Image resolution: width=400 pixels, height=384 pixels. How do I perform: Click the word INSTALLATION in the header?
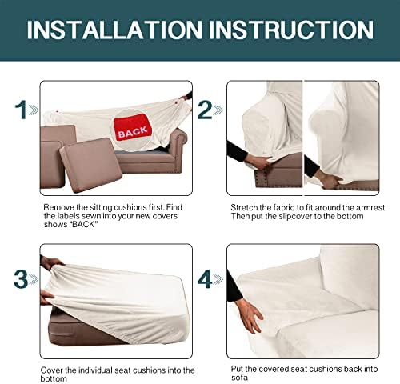114,30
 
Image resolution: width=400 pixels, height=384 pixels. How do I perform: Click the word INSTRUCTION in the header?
291,30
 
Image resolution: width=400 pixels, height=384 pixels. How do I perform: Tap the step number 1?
21,110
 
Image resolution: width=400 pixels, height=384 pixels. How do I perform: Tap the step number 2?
205,110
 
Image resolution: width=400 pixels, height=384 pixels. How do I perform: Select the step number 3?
21,279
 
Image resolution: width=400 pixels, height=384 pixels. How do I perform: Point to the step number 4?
205,279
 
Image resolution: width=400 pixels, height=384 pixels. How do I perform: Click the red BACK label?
133,127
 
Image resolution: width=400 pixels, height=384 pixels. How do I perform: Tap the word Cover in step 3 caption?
52,370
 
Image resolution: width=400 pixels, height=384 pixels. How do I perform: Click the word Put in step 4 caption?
237,369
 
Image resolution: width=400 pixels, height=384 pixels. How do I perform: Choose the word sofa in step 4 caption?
239,378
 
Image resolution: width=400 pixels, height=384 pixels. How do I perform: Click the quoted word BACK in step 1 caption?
84,224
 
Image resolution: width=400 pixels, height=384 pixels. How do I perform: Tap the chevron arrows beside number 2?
218,110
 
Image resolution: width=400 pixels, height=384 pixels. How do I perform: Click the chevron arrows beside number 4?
218,279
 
